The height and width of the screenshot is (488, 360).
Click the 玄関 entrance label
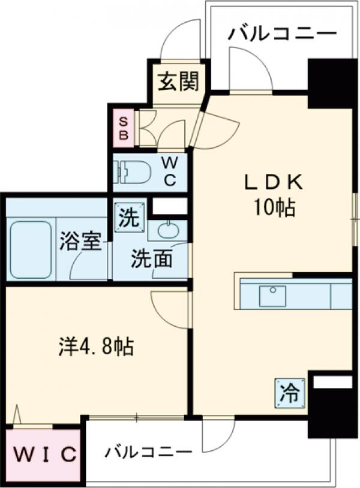pyautogui.click(x=178, y=82)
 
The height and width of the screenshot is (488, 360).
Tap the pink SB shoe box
pyautogui.click(x=124, y=128)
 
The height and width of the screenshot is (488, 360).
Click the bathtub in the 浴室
pyautogui.click(x=31, y=250)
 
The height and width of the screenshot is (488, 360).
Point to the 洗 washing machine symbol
pyautogui.click(x=130, y=218)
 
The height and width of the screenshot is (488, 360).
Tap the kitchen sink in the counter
pyautogui.click(x=273, y=296)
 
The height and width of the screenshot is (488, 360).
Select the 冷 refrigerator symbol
pyautogui.click(x=290, y=393)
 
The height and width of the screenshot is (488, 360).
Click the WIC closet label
pyautogui.click(x=45, y=454)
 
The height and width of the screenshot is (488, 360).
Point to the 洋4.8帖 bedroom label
pyautogui.click(x=96, y=347)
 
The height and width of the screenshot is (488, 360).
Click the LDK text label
pyautogui.click(x=274, y=182)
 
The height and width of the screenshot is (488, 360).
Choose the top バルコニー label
pyautogui.click(x=283, y=34)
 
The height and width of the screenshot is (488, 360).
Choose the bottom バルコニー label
pyautogui.click(x=148, y=452)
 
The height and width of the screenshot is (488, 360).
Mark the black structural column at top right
pyautogui.click(x=332, y=83)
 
